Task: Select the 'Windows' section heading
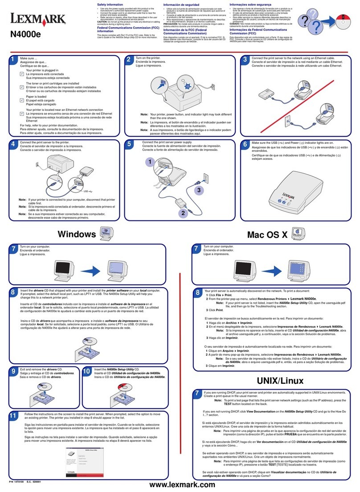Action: [x=77, y=234]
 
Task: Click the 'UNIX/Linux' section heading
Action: [x=280, y=381]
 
